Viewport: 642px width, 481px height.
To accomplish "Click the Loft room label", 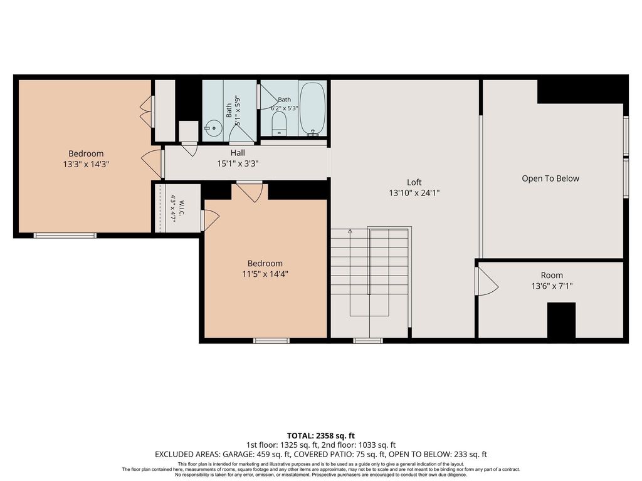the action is coord(414,182).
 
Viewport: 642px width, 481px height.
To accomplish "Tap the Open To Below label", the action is coord(550,178).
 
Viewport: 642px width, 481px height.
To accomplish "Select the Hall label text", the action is coord(238,153).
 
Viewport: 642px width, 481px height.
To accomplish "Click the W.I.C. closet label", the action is coord(182,208).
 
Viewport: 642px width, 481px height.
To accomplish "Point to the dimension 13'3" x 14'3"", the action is coord(86,165).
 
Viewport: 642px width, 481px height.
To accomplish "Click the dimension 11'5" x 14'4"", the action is coord(265,274).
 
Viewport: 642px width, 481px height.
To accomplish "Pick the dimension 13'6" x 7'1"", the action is coord(552,286).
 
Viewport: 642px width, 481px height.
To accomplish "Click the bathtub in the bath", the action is coord(313,109).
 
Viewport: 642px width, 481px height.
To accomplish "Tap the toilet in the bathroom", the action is coord(279,123).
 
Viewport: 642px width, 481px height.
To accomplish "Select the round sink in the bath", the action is coord(213,128).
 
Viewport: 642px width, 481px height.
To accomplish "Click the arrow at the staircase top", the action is coord(350,232).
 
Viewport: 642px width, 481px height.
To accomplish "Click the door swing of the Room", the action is coord(487,281).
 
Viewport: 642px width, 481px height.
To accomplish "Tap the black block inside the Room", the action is coord(561,320).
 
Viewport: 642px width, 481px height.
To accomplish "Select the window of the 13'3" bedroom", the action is coord(65,235).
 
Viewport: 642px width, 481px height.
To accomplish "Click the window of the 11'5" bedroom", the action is coord(271,340).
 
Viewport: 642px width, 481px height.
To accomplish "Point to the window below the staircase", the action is coord(368,340).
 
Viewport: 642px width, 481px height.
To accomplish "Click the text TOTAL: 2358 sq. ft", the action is coord(320,436).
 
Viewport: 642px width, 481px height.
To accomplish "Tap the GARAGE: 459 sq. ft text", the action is coord(256,455).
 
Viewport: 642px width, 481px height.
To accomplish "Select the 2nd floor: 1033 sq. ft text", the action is coord(359,445).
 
